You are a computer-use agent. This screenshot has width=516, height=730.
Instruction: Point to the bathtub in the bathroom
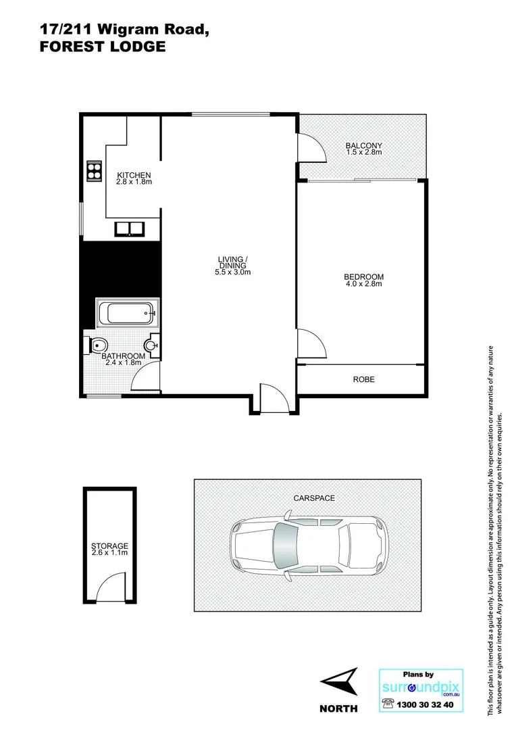128,314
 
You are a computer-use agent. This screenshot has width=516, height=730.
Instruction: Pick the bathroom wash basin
155,345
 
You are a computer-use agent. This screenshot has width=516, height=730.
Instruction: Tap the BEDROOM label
363,276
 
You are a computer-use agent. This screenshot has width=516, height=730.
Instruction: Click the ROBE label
363,380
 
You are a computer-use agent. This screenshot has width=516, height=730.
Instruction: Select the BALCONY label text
363,145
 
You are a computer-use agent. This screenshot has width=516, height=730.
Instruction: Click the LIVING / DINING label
232,262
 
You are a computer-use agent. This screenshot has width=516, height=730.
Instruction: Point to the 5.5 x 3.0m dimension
232,272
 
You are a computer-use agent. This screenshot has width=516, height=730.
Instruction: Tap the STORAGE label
109,545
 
